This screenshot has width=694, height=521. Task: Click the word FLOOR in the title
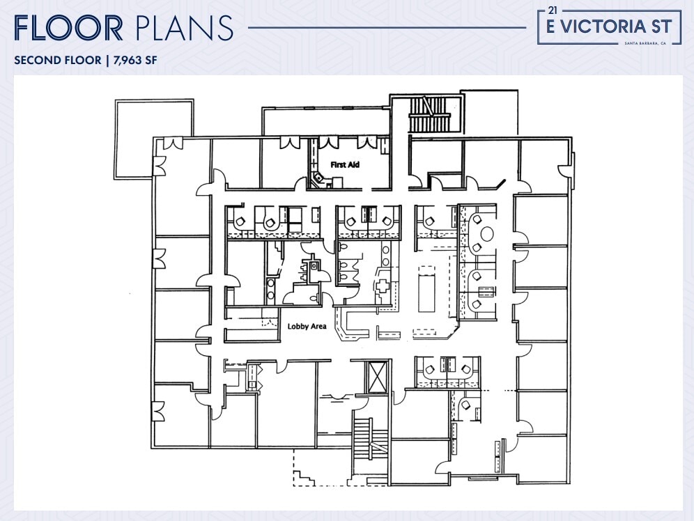pyautogui.click(x=68, y=28)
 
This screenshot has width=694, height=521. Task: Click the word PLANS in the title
pyautogui.click(x=184, y=28)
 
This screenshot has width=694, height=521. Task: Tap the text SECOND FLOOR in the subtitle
pyautogui.click(x=57, y=60)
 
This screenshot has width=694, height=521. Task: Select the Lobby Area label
pyautogui.click(x=307, y=325)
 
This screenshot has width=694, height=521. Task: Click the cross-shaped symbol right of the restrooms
pyautogui.click(x=383, y=286)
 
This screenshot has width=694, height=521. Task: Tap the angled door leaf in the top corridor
pyautogui.click(x=498, y=185)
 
